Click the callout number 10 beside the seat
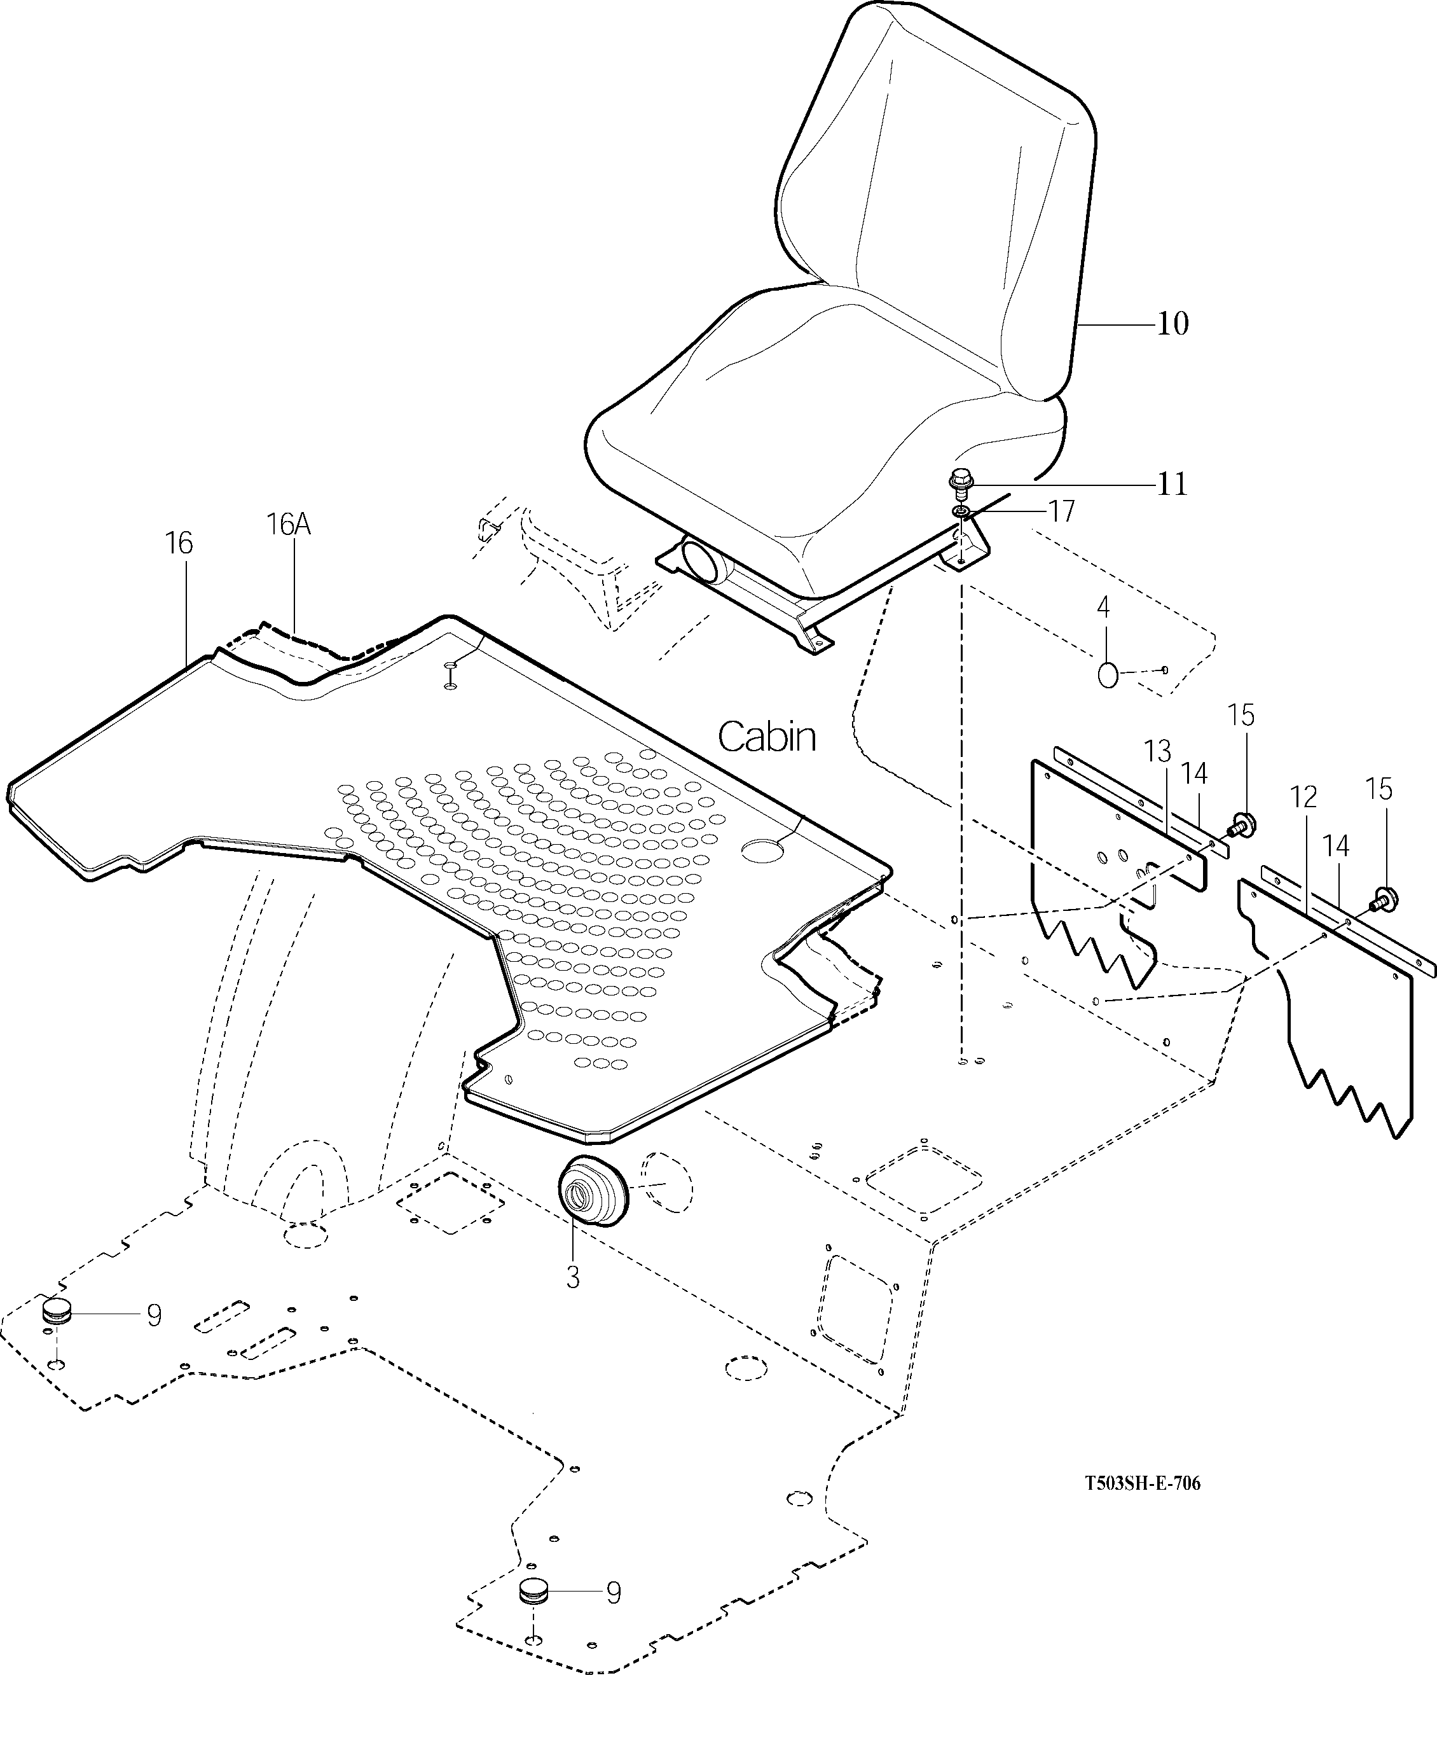coord(1172,324)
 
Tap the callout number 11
coord(1171,483)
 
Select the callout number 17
coord(1062,511)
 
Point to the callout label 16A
coord(288,524)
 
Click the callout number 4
coord(1103,607)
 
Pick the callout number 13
coord(1157,751)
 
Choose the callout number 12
coord(1303,798)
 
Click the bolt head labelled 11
coord(960,480)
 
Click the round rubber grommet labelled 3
coord(591,1192)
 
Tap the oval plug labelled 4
coord(1108,675)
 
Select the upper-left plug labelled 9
coord(57,1312)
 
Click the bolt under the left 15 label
coord(1241,823)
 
